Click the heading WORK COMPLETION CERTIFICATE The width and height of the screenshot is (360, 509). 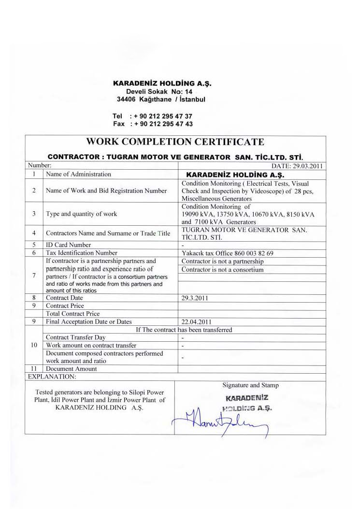(x=175, y=142)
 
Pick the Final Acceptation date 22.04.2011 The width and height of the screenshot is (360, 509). (x=196, y=321)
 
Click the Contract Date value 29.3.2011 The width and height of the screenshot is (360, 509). (x=195, y=298)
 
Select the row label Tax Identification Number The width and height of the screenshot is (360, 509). (x=82, y=253)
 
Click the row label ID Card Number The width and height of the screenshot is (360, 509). (x=68, y=245)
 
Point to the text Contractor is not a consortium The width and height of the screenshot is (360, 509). (x=222, y=269)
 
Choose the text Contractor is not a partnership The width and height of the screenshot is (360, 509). (x=222, y=262)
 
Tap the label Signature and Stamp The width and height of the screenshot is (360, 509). (x=250, y=385)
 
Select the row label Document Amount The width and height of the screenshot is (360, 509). (x=71, y=369)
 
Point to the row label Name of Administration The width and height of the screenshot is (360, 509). (x=78, y=174)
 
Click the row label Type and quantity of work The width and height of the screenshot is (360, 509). (x=81, y=214)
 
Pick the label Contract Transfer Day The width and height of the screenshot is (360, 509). (x=75, y=337)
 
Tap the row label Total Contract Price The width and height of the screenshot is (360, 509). (x=72, y=314)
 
